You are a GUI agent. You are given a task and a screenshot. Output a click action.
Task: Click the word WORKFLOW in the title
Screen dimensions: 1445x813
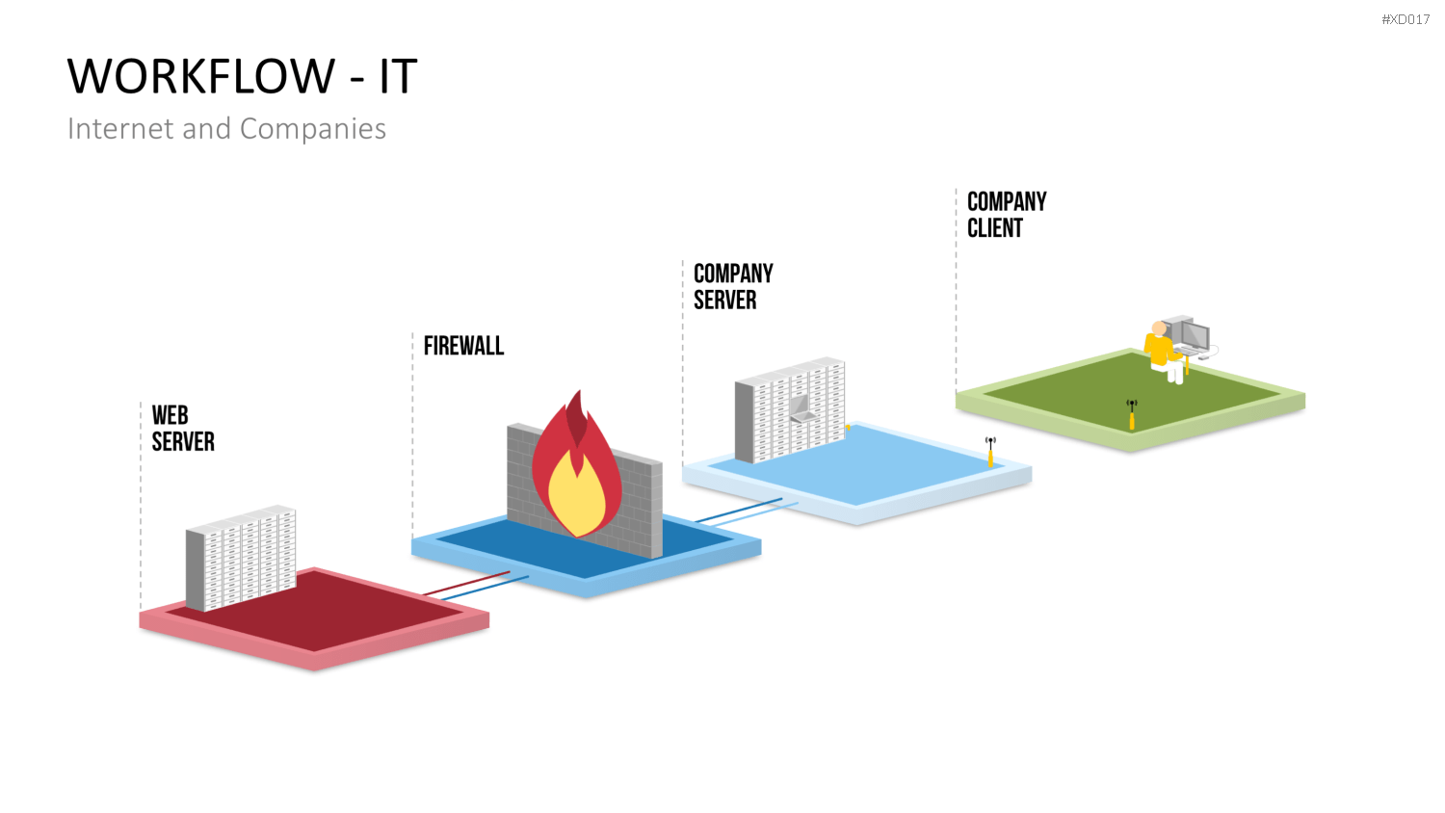click(x=200, y=76)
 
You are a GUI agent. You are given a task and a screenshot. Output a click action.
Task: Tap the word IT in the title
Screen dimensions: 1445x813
click(x=398, y=76)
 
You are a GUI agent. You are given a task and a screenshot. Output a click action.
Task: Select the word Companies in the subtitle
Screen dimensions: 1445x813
click(x=313, y=129)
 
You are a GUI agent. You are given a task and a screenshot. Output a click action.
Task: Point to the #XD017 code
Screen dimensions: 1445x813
click(x=1406, y=19)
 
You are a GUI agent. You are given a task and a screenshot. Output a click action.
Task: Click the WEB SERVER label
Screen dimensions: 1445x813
click(x=183, y=429)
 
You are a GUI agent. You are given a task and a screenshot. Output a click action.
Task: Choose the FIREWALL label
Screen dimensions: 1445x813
click(x=463, y=346)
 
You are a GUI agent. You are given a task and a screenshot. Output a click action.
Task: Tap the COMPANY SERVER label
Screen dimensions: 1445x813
click(x=733, y=286)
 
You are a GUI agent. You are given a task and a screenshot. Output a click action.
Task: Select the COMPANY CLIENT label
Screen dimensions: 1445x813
click(x=1007, y=215)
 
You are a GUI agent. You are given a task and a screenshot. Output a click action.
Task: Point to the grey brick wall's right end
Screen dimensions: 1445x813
click(x=657, y=510)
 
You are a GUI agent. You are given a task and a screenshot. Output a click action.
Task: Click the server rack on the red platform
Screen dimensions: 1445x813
click(x=241, y=558)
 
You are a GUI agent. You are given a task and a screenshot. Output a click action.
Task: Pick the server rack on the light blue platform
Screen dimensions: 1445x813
click(x=790, y=409)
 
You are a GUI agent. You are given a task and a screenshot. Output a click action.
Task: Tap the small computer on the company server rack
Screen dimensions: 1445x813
click(x=801, y=408)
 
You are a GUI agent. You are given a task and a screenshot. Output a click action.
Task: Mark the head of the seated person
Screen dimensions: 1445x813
click(x=1159, y=328)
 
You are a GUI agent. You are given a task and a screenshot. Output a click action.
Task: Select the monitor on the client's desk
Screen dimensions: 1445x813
click(x=1195, y=335)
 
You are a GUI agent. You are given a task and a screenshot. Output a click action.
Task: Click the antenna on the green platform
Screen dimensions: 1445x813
click(x=1132, y=414)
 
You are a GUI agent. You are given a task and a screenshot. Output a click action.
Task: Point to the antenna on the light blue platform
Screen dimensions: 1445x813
click(x=990, y=452)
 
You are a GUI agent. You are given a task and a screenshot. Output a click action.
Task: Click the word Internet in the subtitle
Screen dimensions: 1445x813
click(x=121, y=129)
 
